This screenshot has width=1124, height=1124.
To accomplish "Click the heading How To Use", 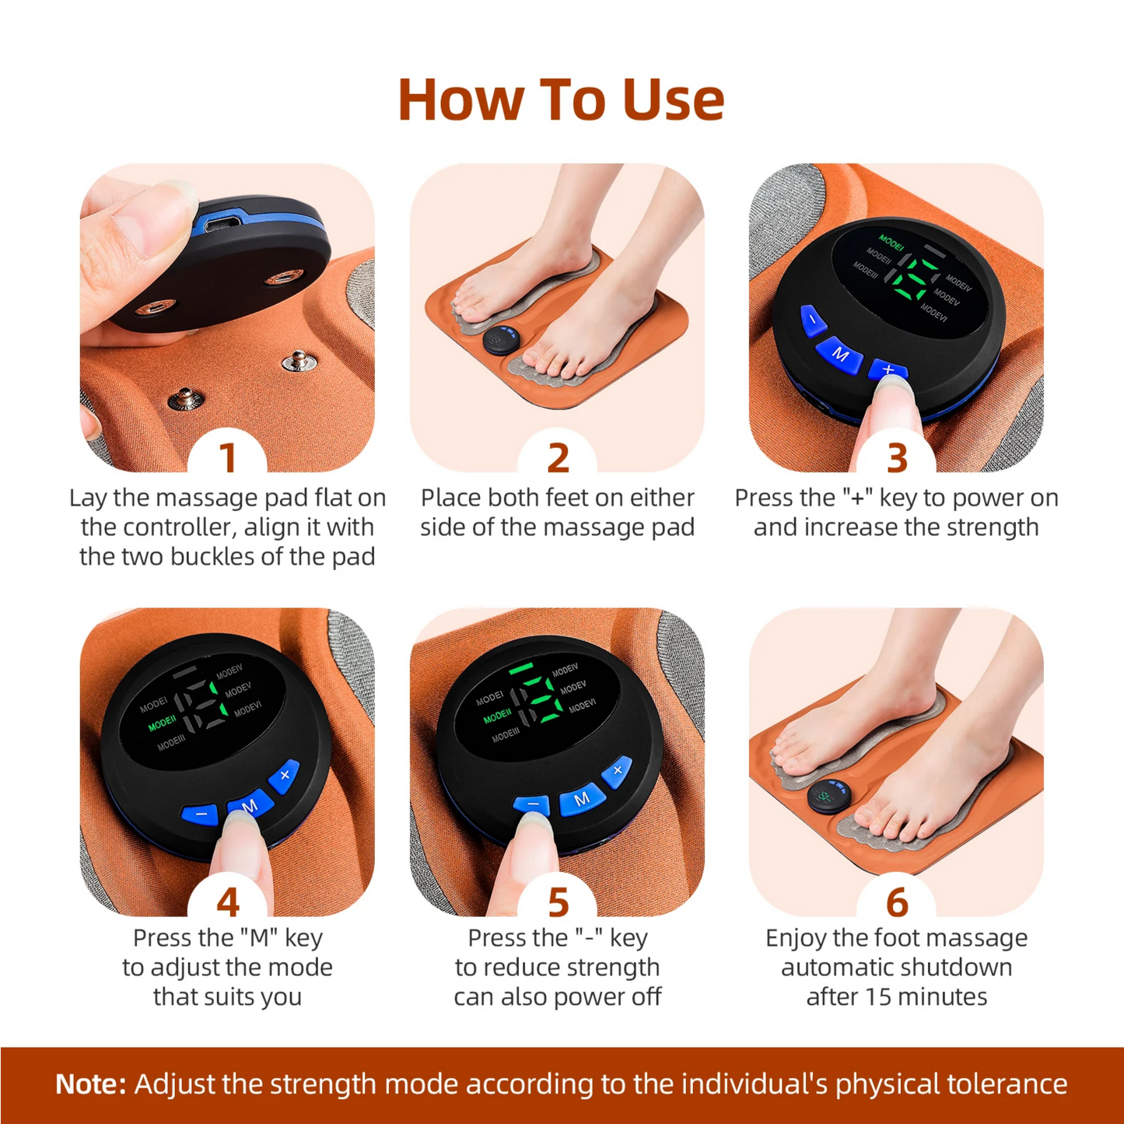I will tap(561, 100).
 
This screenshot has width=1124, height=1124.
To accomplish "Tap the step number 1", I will tap(227, 458).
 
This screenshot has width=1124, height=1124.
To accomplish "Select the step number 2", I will tap(558, 458).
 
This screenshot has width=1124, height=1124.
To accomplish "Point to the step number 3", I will tap(897, 458).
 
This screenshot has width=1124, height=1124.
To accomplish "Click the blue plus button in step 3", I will tap(888, 369).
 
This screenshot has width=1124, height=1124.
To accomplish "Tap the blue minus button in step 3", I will tap(813, 320).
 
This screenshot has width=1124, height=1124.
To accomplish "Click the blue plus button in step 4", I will tap(285, 775).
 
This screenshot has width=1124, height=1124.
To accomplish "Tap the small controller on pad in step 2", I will tap(501, 339).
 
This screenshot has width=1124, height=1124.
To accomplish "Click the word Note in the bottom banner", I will tap(90, 1084).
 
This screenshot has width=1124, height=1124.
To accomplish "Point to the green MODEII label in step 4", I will tap(163, 723).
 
